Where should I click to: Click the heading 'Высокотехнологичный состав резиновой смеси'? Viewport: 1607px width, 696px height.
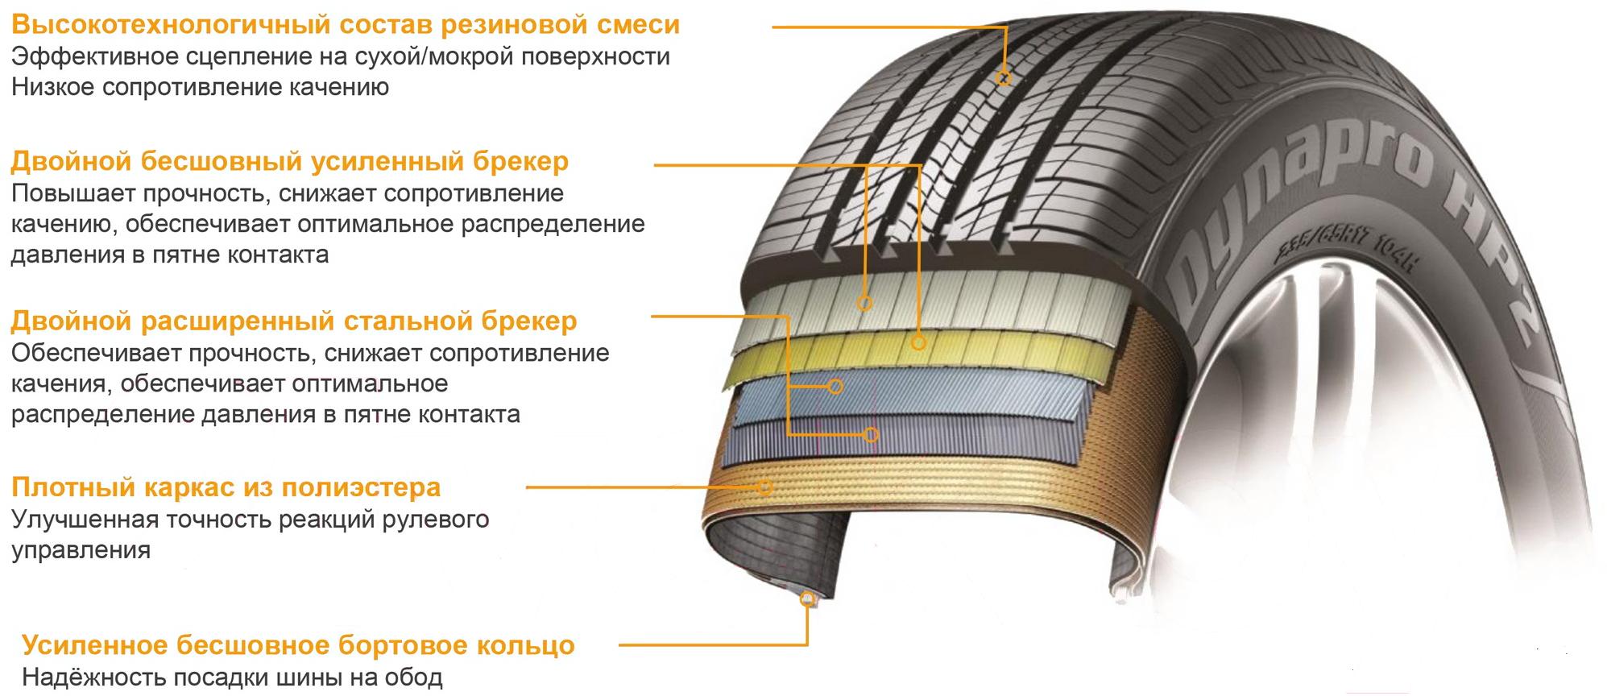(346, 24)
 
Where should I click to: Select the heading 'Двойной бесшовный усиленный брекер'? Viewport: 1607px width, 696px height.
(290, 161)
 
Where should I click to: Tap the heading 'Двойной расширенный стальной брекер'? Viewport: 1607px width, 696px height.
(294, 321)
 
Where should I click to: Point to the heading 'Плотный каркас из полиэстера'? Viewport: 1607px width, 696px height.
(226, 487)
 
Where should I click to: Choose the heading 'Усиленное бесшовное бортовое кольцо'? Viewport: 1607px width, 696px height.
(298, 645)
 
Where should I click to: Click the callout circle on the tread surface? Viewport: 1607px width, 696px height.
(1004, 78)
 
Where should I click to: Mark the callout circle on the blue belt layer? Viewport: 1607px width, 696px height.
(835, 387)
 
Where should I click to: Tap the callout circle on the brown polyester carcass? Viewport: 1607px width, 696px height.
(764, 487)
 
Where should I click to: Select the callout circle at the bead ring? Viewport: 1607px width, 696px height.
(807, 599)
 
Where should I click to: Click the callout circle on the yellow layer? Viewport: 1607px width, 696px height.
(918, 342)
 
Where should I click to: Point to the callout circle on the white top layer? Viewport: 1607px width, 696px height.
(864, 303)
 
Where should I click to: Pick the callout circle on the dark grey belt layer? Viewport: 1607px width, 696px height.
(871, 434)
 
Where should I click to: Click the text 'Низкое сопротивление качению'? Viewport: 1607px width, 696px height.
(200, 87)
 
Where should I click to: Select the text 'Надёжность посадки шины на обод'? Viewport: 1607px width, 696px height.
(232, 677)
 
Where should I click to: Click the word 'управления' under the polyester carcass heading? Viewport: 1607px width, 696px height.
(81, 551)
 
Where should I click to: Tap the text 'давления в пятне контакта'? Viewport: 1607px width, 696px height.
(169, 255)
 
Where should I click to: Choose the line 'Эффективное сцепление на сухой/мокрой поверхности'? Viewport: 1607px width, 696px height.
(340, 56)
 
